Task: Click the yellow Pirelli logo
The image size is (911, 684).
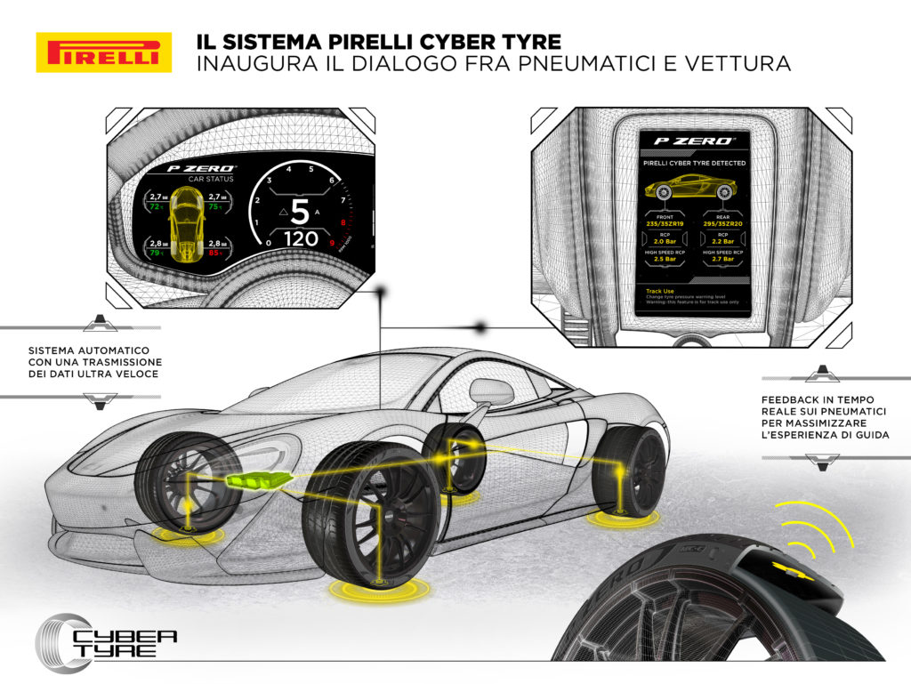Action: point(103,52)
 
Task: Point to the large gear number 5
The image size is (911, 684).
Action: point(301,213)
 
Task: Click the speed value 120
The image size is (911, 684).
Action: point(301,239)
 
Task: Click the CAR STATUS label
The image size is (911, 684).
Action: point(201,178)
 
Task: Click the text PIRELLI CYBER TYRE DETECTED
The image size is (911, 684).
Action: point(694,164)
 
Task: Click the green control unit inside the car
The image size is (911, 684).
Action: point(258,481)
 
